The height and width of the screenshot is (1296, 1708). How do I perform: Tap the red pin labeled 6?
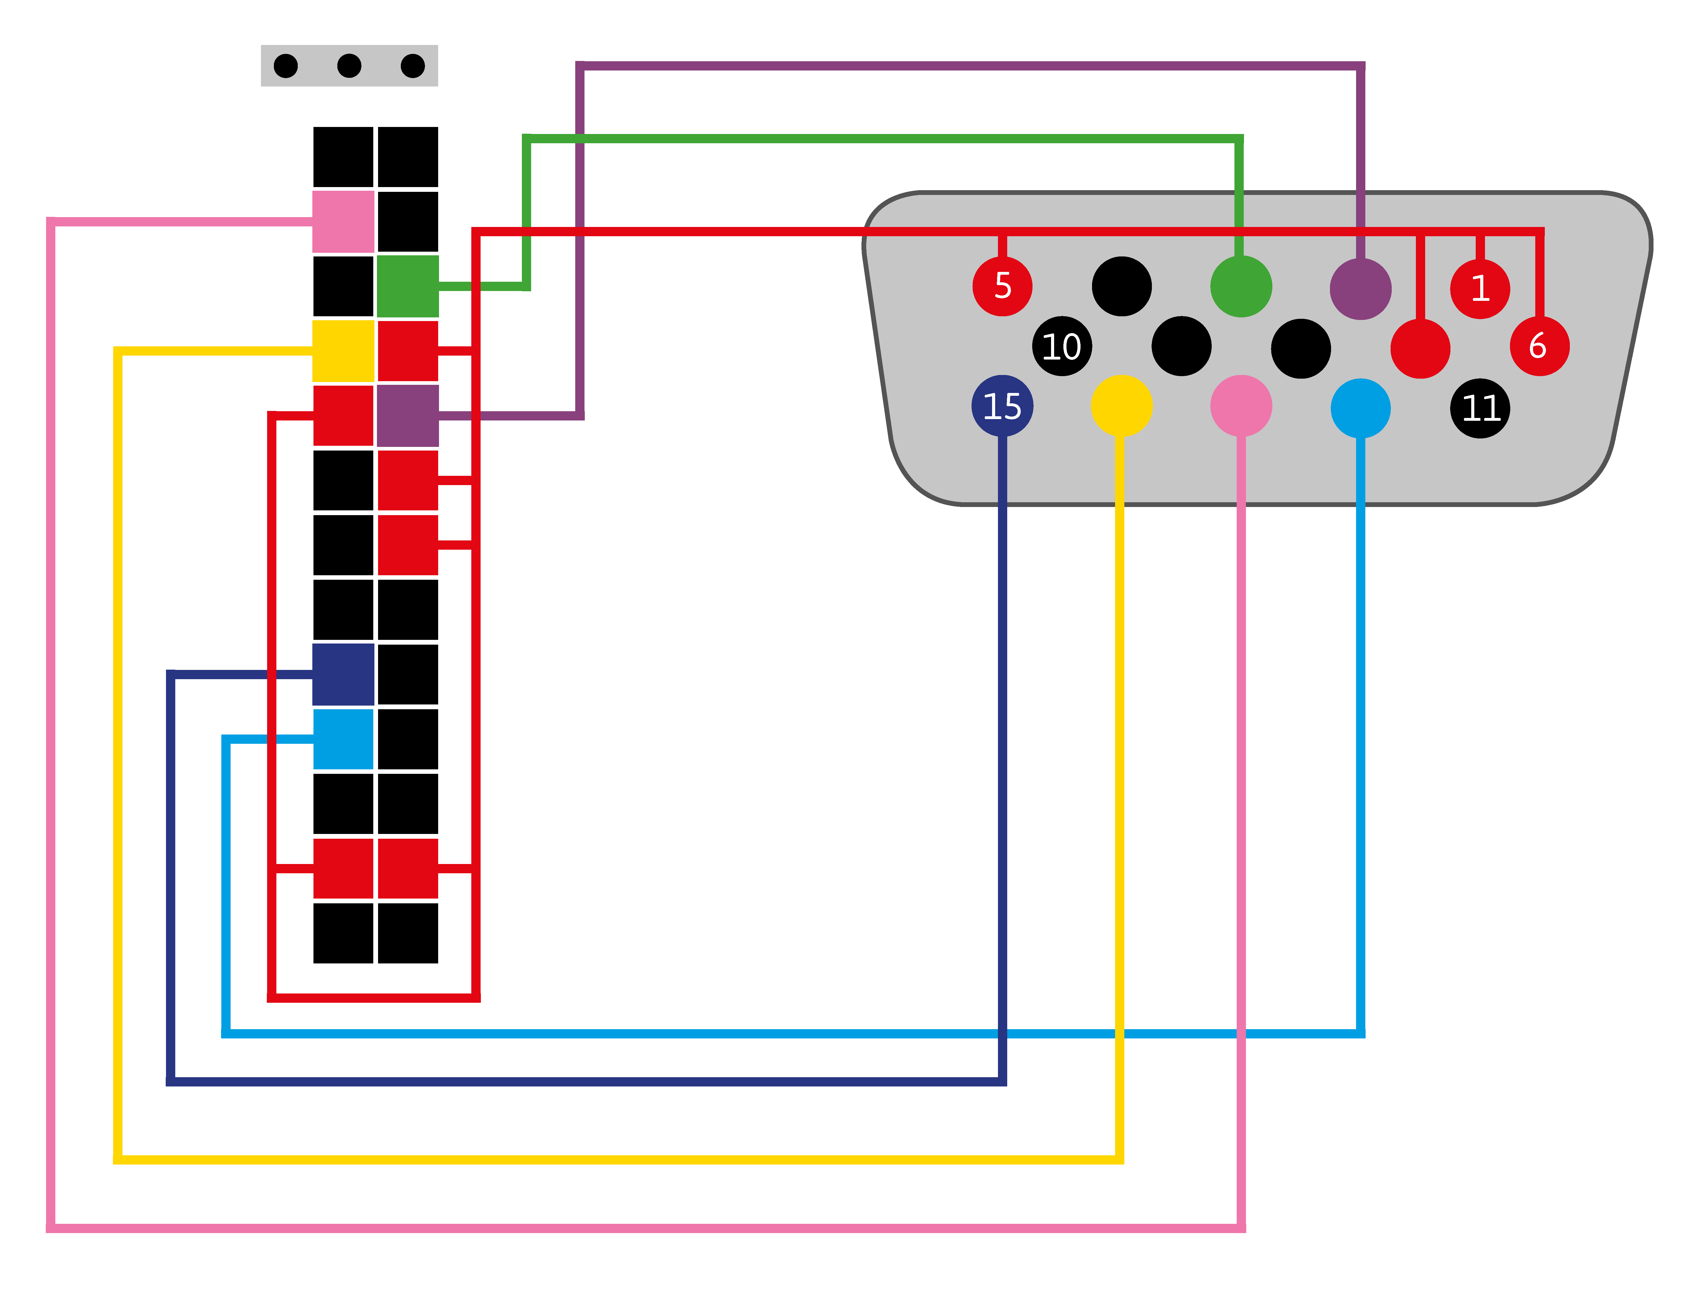point(1539,346)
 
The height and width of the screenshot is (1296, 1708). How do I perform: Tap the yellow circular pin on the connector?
point(1121,406)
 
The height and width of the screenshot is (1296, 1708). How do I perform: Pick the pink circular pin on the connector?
point(1241,406)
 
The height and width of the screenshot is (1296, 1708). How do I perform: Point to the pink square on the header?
point(343,222)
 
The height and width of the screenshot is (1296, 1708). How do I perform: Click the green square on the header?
point(408,287)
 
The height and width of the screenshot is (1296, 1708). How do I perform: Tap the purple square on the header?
point(408,415)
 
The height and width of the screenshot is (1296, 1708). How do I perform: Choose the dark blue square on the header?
point(343,674)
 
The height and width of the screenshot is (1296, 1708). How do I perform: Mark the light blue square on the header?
point(343,739)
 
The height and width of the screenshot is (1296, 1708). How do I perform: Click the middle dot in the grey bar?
point(349,66)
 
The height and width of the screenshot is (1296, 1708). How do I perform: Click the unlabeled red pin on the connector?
point(1420,348)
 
